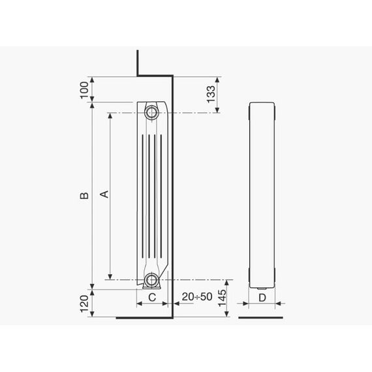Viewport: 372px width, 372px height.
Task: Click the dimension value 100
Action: pos(84,90)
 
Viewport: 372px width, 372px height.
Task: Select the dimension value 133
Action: pos(211,95)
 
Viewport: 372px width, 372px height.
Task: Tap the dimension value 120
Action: pos(84,303)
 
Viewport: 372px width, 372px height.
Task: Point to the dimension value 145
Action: pos(222,298)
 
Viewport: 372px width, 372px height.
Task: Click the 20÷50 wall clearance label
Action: pos(197,296)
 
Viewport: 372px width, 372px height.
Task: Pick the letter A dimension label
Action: pos(104,194)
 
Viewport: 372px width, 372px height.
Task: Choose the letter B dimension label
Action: pos(84,195)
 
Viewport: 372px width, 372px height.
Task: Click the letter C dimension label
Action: pos(152,297)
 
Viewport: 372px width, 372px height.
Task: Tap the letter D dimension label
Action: pos(262,298)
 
